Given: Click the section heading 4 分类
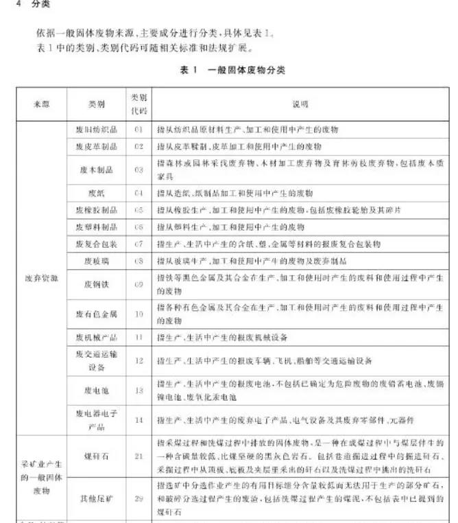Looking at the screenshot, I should tap(27, 5).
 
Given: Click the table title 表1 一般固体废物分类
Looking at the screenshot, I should tap(232, 71).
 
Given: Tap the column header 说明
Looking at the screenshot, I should tap(300, 104).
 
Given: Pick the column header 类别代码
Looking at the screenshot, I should tap(138, 104).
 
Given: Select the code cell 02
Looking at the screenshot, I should tap(138, 147).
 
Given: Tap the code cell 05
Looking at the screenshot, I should tap(138, 210).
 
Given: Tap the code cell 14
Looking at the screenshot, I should tap(138, 419).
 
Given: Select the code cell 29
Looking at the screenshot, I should tap(138, 498).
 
